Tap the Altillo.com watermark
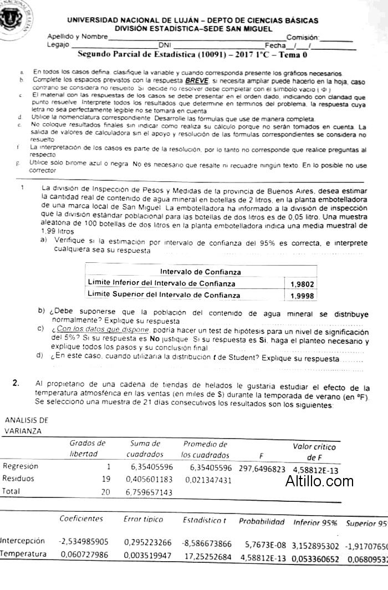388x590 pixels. pos(319,481)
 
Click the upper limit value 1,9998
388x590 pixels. pos(302,296)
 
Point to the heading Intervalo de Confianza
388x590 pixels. pos(200,272)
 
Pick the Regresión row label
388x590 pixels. pos(21,466)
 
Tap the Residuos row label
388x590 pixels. pos(18,479)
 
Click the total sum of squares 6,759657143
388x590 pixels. pos(149,492)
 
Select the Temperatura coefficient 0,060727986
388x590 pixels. pos(83,555)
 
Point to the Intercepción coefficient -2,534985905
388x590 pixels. pos(83,541)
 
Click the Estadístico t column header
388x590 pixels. pos(205,520)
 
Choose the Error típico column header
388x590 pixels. pos(144,520)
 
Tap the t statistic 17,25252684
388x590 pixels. pos(207,555)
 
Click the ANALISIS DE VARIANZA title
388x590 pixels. pos(27,426)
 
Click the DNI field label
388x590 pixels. pos(165,45)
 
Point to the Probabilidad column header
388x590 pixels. pos(262,522)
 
